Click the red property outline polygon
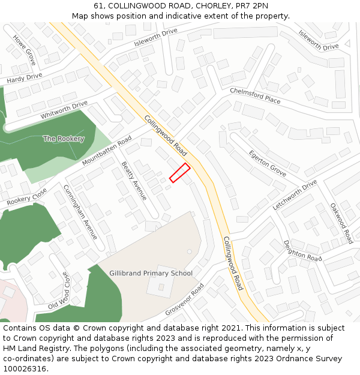[179, 172]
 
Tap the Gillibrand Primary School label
[151, 273]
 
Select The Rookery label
[64, 139]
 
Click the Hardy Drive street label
[25, 78]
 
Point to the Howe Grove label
[25, 49]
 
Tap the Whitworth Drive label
[64, 110]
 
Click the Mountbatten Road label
[107, 152]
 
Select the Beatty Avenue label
[134, 181]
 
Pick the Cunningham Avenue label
[80, 212]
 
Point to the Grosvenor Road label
[185, 300]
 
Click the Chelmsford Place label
[255, 95]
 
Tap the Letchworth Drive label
[295, 194]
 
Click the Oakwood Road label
[341, 223]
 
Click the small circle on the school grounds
[190, 251]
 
